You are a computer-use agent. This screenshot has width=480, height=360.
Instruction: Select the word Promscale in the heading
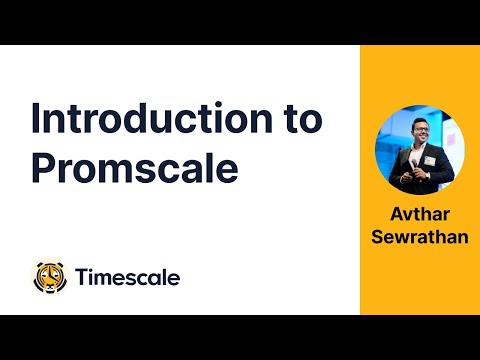[x=134, y=167]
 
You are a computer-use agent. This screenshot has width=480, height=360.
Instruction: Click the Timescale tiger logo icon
[x=51, y=277]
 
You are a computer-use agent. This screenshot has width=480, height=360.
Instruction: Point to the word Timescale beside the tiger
[x=128, y=277]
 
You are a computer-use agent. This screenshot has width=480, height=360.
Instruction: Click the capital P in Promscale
[x=42, y=167]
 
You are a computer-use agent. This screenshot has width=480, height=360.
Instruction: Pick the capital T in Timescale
[x=82, y=277]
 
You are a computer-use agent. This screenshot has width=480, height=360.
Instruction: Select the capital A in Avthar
[x=396, y=214]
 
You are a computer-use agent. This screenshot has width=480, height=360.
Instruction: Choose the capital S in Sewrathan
[x=377, y=236]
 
